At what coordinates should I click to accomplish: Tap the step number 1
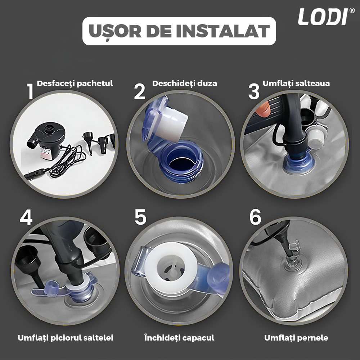tap(31, 91)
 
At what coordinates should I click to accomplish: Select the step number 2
tap(140, 91)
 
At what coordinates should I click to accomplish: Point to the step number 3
tap(254, 91)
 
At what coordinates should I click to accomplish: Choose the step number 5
tap(140, 217)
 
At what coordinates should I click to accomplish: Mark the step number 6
tap(255, 217)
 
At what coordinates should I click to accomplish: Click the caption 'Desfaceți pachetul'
tap(75, 84)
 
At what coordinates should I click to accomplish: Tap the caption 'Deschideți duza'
tap(185, 84)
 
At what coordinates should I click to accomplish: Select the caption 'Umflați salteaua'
tap(296, 84)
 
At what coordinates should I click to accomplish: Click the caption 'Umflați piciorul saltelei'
tap(66, 338)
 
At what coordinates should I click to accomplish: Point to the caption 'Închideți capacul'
tap(179, 338)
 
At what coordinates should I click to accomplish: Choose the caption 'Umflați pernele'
tap(296, 338)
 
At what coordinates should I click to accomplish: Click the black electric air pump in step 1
tap(46, 140)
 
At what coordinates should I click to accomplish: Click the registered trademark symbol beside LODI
tap(352, 10)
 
